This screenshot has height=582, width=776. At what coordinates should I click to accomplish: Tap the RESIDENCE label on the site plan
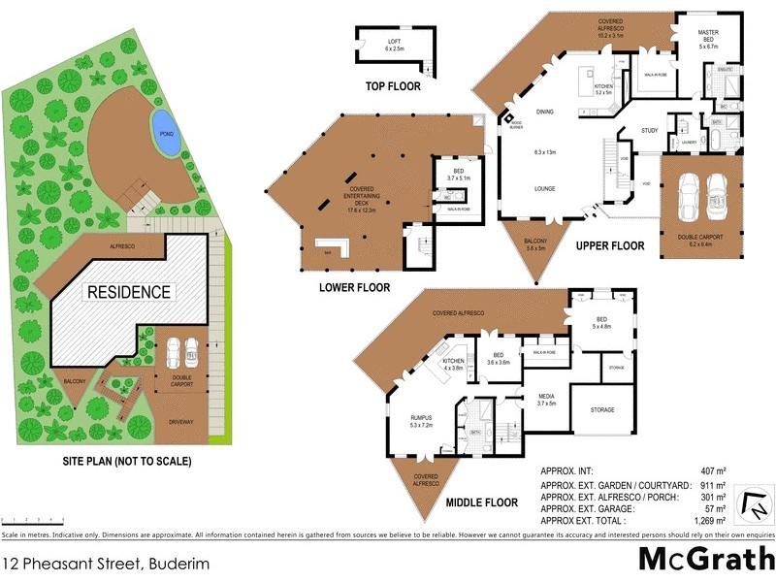click(130, 291)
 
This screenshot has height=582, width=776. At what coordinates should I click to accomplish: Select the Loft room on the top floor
click(394, 45)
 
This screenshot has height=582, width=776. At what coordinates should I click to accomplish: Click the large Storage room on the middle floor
click(602, 409)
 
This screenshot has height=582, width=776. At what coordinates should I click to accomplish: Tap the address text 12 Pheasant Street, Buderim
click(104, 562)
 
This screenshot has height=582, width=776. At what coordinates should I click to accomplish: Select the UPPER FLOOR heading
click(609, 246)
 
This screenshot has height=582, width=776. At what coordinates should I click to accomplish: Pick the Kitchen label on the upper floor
click(603, 90)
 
